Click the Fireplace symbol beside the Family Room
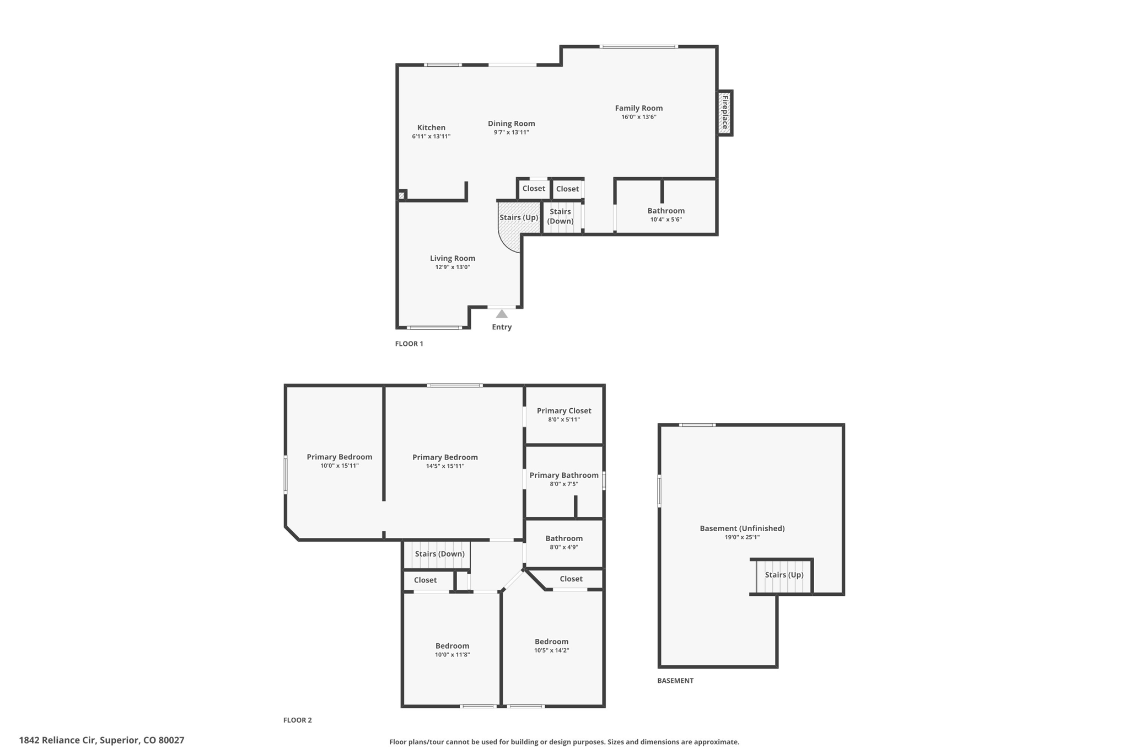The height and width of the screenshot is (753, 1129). (x=724, y=113)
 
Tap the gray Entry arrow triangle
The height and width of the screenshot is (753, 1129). (x=501, y=314)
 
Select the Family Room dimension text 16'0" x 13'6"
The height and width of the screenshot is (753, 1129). (x=638, y=117)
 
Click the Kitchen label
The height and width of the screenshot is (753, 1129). (x=431, y=127)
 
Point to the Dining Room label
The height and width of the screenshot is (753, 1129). (x=511, y=124)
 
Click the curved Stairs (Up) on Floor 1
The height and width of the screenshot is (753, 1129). (x=518, y=218)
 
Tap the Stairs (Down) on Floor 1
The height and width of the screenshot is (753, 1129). (x=561, y=216)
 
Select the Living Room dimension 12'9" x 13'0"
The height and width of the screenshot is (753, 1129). (x=452, y=267)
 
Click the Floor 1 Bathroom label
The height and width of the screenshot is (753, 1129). (x=665, y=211)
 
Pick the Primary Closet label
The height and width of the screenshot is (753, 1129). (x=563, y=410)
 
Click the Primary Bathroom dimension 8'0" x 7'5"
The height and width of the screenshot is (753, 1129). (x=563, y=484)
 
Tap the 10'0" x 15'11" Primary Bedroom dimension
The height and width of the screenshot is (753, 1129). (x=339, y=466)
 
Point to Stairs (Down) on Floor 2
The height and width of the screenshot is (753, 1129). (x=439, y=554)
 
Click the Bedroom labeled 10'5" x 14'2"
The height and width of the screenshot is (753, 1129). (x=551, y=642)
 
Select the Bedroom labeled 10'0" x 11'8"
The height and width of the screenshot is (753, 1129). (x=452, y=646)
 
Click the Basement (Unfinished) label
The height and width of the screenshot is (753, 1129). (x=742, y=528)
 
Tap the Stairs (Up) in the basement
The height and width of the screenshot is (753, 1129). (x=783, y=575)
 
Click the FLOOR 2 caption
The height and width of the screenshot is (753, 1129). (x=297, y=720)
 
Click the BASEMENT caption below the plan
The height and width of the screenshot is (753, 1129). (x=675, y=681)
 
